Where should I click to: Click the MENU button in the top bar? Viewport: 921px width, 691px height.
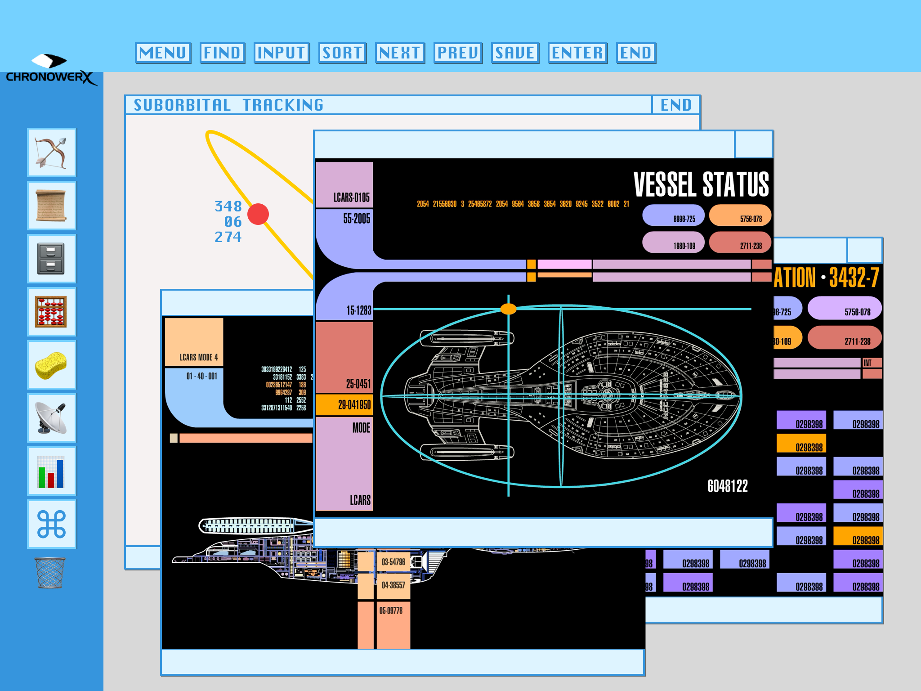[x=163, y=53]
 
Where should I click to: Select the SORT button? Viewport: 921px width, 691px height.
[x=342, y=53]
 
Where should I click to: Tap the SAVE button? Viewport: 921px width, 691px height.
[x=515, y=53]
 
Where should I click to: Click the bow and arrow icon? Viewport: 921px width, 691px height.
[x=51, y=153]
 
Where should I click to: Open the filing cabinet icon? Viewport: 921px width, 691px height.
[x=51, y=259]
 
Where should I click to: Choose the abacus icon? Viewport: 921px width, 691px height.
[x=51, y=311]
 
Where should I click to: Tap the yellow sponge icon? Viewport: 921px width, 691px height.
[x=51, y=365]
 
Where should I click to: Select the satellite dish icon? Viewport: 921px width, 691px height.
[x=51, y=418]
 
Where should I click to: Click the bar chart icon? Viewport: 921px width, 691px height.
[x=51, y=471]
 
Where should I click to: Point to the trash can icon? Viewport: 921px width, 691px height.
[x=50, y=573]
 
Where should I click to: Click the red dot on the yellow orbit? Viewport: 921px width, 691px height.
[x=258, y=214]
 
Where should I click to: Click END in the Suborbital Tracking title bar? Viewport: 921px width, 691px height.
[x=675, y=105]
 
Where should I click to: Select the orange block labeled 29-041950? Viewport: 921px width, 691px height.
[x=344, y=404]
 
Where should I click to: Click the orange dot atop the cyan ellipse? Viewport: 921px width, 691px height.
[x=508, y=309]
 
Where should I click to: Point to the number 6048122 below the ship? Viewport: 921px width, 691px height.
[x=727, y=486]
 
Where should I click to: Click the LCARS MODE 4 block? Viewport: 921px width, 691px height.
[x=194, y=342]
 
